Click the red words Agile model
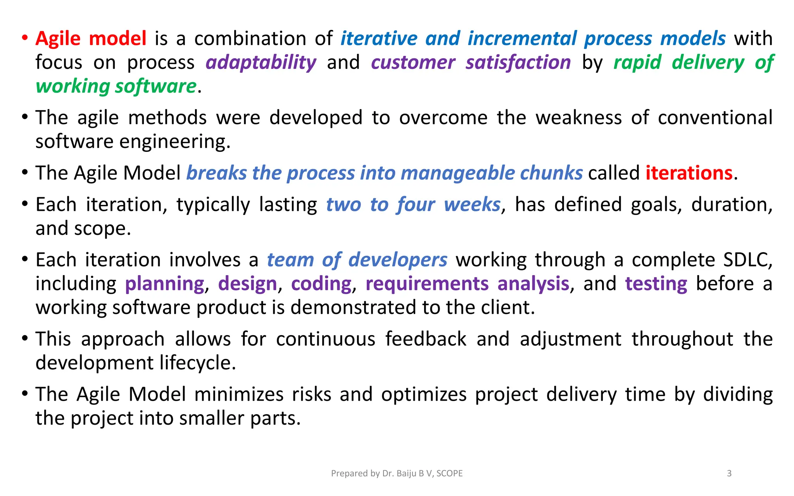(x=91, y=39)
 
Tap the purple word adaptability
(x=261, y=62)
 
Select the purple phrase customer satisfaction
(x=471, y=62)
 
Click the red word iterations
(x=689, y=173)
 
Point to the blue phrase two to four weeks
(x=413, y=205)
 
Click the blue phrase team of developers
(x=357, y=260)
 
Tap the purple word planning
(x=164, y=284)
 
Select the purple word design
(x=247, y=284)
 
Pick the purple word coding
(x=321, y=284)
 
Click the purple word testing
(x=656, y=284)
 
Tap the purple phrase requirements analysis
(x=467, y=284)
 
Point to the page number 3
(x=729, y=473)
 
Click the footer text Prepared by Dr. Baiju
(x=397, y=473)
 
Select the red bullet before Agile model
(x=25, y=38)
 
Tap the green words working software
(x=116, y=86)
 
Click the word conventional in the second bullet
(x=715, y=118)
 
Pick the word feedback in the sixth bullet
(x=426, y=339)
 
